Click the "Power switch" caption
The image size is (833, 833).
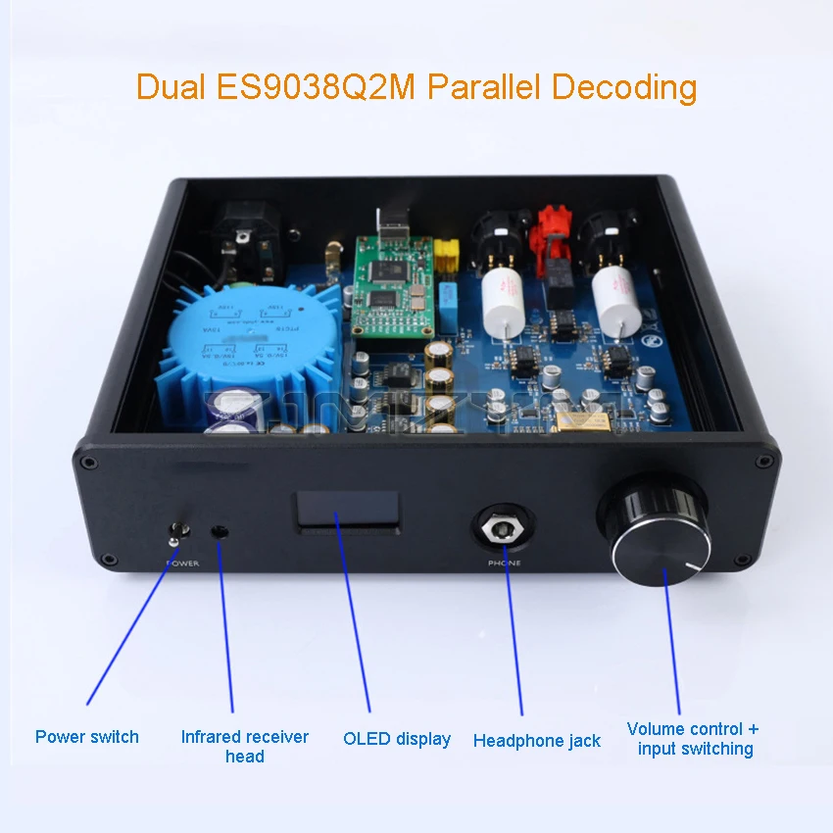[87, 737]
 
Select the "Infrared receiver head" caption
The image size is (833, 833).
[244, 746]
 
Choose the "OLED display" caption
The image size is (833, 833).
[397, 739]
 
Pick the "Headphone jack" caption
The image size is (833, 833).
[536, 741]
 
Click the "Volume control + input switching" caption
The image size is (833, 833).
[693, 739]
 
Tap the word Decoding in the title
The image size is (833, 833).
[623, 86]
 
